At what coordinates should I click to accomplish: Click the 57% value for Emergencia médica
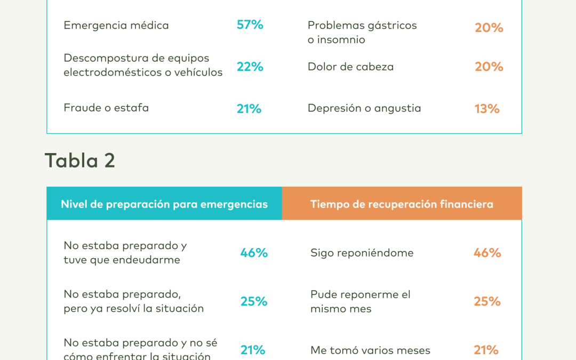[x=250, y=25]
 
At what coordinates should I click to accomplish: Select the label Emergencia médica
[x=116, y=25]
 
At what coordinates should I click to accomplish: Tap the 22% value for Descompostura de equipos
[x=250, y=67]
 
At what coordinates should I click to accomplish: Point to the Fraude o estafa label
[x=106, y=108]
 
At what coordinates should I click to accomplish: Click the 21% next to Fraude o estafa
[x=249, y=109]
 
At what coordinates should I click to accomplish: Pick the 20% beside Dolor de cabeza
[x=489, y=67]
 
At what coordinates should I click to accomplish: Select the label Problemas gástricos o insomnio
[x=362, y=32]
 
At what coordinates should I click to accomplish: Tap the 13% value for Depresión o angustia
[x=487, y=109]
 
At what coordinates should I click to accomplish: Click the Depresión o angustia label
[x=364, y=108]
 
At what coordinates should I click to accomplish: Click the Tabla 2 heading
[x=80, y=161]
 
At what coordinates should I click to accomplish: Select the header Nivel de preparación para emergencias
[x=164, y=204]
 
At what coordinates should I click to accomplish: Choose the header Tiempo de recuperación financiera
[x=402, y=204]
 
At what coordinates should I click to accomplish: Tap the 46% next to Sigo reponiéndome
[x=487, y=253]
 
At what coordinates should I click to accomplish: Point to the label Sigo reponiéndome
[x=362, y=253]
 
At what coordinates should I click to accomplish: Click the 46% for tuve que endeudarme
[x=254, y=253]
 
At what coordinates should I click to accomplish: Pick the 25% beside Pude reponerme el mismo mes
[x=487, y=301]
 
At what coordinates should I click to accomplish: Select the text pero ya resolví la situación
[x=134, y=308]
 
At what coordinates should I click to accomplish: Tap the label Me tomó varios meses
[x=370, y=350]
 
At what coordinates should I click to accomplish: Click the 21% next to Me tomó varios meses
[x=486, y=350]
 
